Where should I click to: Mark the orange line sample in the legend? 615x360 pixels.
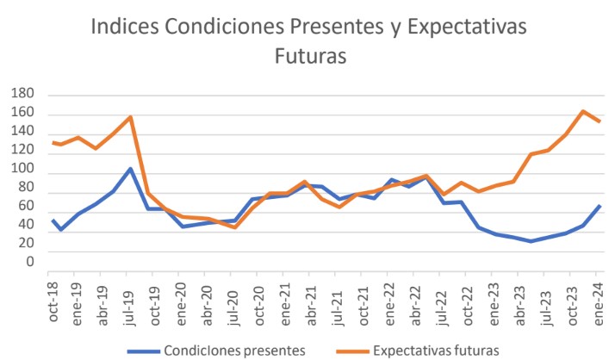click(x=348, y=351)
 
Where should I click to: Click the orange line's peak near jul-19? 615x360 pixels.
click(x=130, y=117)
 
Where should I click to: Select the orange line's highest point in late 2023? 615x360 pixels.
click(x=583, y=111)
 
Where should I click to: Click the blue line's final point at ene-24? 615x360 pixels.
click(x=599, y=206)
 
